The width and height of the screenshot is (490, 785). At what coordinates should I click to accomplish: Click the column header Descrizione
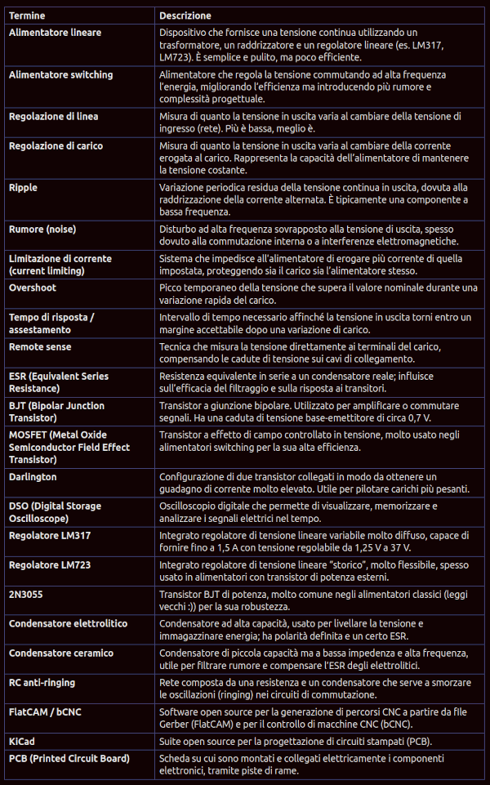click(185, 16)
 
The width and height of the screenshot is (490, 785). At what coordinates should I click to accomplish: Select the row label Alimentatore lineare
click(55, 32)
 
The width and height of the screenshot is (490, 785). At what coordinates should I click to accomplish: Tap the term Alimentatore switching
click(60, 74)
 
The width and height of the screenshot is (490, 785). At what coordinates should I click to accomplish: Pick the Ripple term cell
click(23, 188)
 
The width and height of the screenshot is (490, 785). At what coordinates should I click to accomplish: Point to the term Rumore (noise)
click(48, 230)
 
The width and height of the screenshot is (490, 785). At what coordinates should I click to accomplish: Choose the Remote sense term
click(40, 346)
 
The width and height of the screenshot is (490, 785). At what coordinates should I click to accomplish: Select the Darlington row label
click(33, 476)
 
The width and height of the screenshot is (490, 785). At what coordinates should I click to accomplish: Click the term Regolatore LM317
click(50, 535)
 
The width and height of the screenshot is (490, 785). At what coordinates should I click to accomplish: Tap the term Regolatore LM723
click(50, 564)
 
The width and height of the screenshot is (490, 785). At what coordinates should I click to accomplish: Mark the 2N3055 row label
click(25, 594)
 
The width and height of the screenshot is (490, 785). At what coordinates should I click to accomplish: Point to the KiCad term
click(22, 741)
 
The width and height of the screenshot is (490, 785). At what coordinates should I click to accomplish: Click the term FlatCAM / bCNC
click(45, 711)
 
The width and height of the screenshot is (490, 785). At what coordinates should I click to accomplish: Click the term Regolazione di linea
click(53, 116)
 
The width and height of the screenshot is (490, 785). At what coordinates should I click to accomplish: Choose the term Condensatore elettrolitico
click(68, 623)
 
